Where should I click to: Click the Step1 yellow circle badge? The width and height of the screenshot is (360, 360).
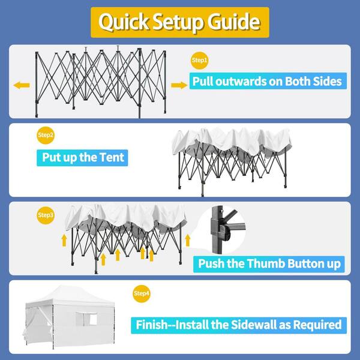click(x=200, y=61)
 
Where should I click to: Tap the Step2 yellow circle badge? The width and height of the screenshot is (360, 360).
click(x=46, y=135)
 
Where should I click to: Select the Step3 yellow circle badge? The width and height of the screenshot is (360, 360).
click(x=46, y=215)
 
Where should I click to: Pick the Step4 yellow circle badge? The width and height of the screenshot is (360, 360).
click(x=142, y=293)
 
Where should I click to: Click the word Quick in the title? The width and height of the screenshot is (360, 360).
click(x=124, y=22)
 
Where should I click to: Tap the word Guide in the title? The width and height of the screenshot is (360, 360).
click(x=234, y=22)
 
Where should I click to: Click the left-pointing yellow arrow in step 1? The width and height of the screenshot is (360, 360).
click(x=22, y=85)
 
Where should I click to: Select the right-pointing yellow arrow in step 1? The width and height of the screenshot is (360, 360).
click(x=179, y=85)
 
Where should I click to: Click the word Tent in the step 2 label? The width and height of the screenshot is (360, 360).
click(x=112, y=157)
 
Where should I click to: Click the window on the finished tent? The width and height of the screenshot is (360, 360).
click(x=86, y=319)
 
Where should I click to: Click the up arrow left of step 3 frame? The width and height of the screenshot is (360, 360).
click(x=64, y=241)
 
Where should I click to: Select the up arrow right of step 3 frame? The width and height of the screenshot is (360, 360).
click(x=188, y=241)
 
